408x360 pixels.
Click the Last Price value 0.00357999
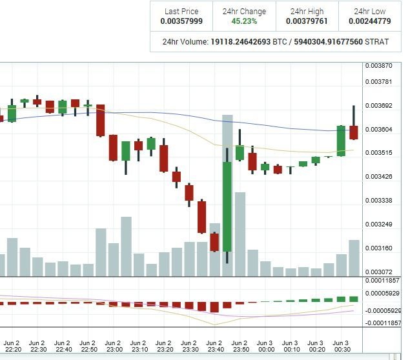[x=181, y=21]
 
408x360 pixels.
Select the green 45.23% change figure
[x=243, y=21]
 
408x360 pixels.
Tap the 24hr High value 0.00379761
[x=307, y=21]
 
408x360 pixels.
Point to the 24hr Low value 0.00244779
[x=371, y=21]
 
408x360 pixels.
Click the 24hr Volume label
[x=185, y=41]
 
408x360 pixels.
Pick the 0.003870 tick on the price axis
[x=378, y=66]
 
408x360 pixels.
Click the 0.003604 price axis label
[x=378, y=129]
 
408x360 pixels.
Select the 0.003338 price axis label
[x=378, y=200]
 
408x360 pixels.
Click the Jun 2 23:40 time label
[x=214, y=346]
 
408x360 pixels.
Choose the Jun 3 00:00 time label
[x=264, y=346]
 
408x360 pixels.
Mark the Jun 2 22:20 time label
[x=12, y=346]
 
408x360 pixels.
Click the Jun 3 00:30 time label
[x=340, y=346]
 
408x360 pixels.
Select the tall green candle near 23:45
[x=227, y=206]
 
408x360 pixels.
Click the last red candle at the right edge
[x=354, y=132]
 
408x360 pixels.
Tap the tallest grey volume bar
[x=227, y=194]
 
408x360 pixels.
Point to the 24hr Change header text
[x=243, y=11]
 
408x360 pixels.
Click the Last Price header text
[x=181, y=11]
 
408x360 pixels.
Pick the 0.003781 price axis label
[x=378, y=81]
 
